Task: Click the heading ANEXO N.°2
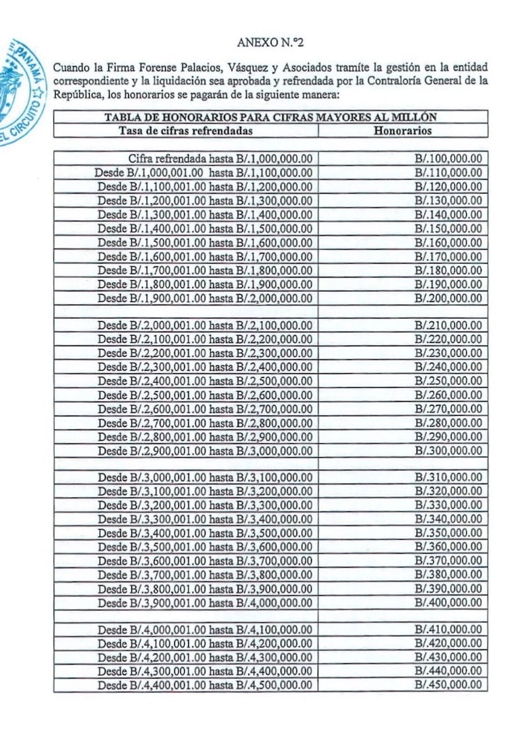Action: (x=271, y=43)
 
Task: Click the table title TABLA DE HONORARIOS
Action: (x=271, y=117)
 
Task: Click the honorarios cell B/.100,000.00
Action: (x=448, y=159)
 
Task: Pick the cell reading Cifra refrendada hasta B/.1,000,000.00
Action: (x=221, y=159)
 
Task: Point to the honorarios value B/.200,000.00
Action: (x=448, y=298)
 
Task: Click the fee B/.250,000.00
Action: (x=448, y=381)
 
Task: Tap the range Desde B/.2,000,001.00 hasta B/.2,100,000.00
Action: (x=205, y=326)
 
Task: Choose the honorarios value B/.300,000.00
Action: (x=448, y=451)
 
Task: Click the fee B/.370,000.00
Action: (x=448, y=562)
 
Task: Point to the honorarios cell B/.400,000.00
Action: (x=448, y=603)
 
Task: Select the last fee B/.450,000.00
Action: (x=448, y=685)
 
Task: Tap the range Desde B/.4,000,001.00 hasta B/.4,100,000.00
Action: (x=205, y=630)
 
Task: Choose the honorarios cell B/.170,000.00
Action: (x=448, y=256)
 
